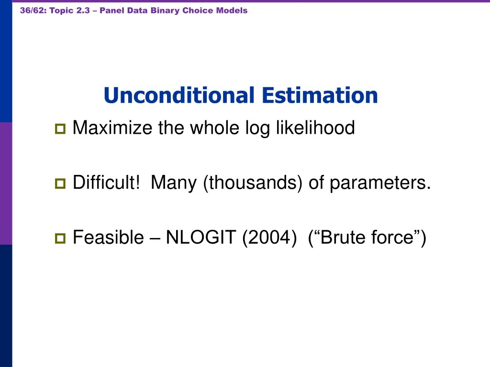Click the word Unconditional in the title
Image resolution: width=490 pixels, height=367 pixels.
[x=178, y=96]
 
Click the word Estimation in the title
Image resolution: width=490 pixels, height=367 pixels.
[x=319, y=96]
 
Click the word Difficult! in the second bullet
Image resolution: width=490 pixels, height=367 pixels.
[x=106, y=183]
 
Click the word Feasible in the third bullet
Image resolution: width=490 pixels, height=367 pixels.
[x=108, y=237]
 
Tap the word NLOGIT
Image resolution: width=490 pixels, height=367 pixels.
[x=201, y=237]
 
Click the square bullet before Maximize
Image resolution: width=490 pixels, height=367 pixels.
[x=60, y=129]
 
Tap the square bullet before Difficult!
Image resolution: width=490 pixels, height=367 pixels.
[x=60, y=183]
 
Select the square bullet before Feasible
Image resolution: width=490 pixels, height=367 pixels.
[x=60, y=237]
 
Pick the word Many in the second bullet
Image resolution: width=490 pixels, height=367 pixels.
[x=173, y=183]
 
